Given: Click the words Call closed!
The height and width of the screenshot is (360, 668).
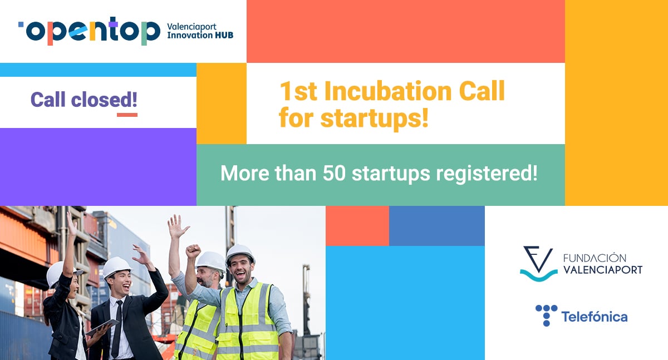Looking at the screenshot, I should click(x=83, y=100).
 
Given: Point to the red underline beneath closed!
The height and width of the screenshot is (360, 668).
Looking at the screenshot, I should click(x=127, y=115).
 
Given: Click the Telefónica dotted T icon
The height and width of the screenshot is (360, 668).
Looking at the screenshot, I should click(x=546, y=315).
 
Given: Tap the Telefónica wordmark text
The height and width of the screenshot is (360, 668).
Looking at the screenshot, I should click(x=594, y=317).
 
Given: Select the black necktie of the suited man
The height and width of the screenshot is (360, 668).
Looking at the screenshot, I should click(x=116, y=328).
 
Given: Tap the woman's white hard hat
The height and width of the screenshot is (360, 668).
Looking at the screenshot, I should click(x=58, y=273).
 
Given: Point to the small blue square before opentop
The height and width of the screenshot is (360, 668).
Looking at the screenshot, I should click(x=21, y=24).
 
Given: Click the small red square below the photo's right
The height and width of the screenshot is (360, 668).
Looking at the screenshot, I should click(x=357, y=225).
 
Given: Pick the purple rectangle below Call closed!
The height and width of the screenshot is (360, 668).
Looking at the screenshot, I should click(x=98, y=166).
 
